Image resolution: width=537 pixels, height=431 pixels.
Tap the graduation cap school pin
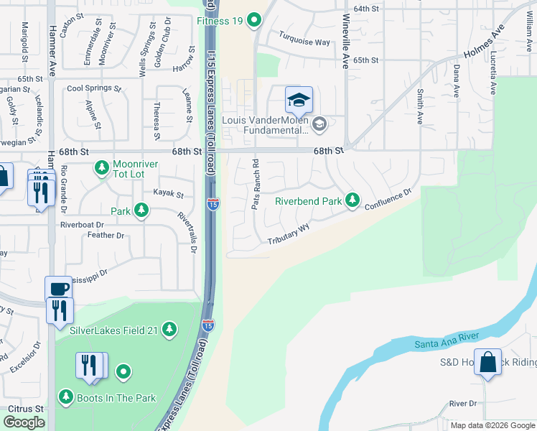click(299, 101)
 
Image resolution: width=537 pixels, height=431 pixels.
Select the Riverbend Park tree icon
click(352, 200)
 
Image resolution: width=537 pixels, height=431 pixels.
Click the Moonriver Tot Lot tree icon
click(102, 168)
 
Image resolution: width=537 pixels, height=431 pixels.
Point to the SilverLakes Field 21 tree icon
click(169, 330)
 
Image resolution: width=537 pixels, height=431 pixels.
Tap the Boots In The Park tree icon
click(66, 397)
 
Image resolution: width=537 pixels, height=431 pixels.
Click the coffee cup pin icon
click(59, 288)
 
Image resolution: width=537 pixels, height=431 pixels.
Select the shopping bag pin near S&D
click(488, 363)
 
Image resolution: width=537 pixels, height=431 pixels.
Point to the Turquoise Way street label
click(304, 42)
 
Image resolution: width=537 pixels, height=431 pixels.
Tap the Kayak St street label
click(169, 194)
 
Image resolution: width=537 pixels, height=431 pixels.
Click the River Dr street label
click(463, 404)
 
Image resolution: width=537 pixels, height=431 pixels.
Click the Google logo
click(24, 422)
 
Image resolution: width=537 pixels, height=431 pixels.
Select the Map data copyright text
click(492, 425)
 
